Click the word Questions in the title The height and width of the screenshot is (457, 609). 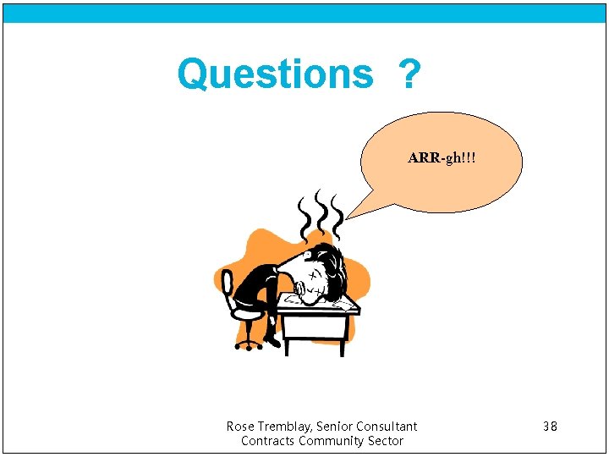[x=274, y=74]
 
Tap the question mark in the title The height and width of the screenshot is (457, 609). [x=409, y=75]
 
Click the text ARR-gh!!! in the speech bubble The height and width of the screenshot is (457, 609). [x=441, y=158]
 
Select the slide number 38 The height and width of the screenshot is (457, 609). [x=550, y=427]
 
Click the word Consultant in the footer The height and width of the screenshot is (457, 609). [x=390, y=427]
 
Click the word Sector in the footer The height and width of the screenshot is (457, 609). [x=386, y=441]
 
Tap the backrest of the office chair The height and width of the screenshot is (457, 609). [x=227, y=287]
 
